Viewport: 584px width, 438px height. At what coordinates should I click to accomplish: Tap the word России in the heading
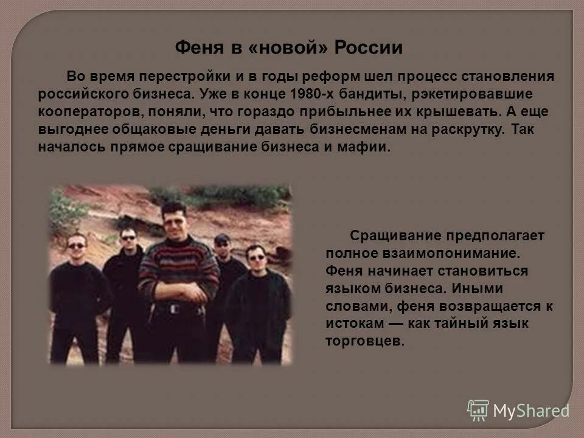[367, 47]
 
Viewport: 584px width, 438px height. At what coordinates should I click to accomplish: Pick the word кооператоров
[82, 112]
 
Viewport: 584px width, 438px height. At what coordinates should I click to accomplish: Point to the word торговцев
[356, 341]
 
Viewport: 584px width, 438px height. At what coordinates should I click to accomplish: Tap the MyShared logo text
[531, 411]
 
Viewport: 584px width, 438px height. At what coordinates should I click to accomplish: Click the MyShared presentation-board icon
[478, 409]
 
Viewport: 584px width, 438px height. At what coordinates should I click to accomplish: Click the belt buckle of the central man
[175, 308]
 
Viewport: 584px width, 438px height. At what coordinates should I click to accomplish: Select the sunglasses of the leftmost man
[77, 245]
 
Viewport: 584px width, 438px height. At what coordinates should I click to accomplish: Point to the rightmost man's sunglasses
[257, 257]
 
